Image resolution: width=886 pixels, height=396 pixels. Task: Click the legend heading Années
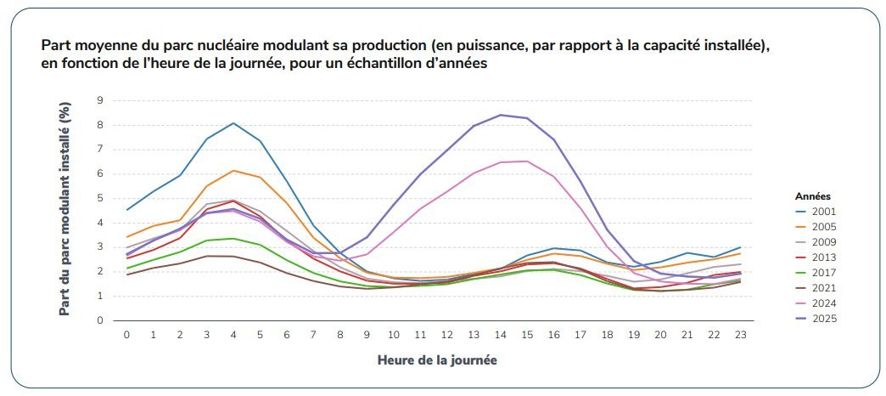click(x=813, y=195)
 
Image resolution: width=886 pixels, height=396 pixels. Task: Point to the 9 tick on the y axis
click(x=99, y=100)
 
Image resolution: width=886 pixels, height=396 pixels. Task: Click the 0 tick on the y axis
click(x=99, y=321)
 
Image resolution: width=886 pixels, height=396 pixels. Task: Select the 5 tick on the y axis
click(x=99, y=199)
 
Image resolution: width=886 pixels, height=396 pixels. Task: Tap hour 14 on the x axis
click(x=500, y=336)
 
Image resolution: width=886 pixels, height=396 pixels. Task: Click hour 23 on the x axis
click(x=740, y=336)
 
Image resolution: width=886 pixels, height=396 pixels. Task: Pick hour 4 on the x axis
click(x=233, y=336)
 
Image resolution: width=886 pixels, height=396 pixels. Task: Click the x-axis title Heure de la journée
click(x=437, y=360)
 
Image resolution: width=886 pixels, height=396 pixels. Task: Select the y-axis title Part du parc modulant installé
click(x=64, y=210)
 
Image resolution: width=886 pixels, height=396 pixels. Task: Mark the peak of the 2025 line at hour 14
click(x=500, y=115)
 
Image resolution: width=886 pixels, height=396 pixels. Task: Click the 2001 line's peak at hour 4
click(x=233, y=123)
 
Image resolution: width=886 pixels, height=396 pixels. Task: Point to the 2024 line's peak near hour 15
click(x=526, y=161)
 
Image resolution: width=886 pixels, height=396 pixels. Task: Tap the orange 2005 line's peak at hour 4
click(x=233, y=171)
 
